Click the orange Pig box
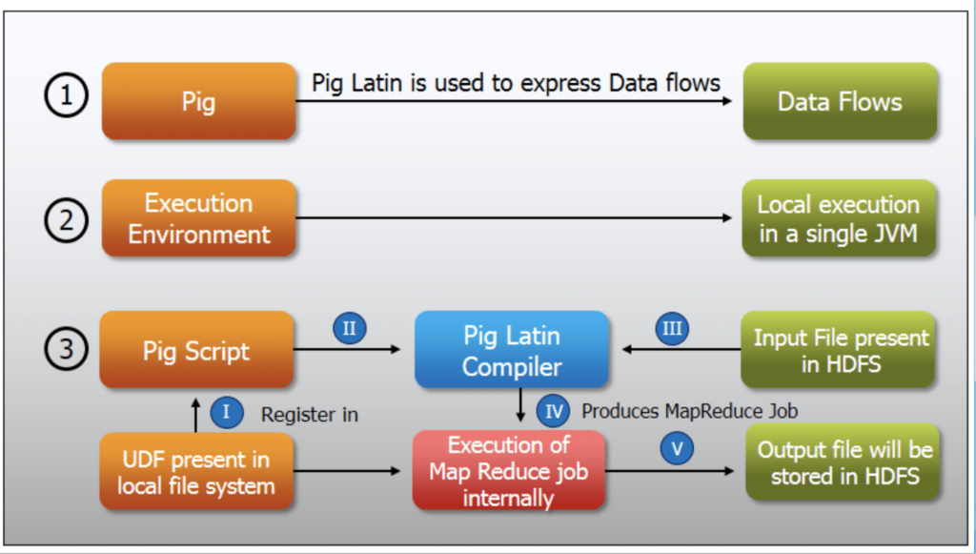[198, 101]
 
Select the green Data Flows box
[839, 101]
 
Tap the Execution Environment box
[198, 218]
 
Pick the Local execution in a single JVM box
[839, 218]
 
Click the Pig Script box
[196, 350]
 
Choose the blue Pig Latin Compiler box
[512, 350]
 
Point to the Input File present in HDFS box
[839, 350]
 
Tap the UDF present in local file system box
[196, 471]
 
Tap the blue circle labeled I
[226, 412]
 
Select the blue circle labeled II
[349, 329]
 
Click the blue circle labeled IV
[553, 412]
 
